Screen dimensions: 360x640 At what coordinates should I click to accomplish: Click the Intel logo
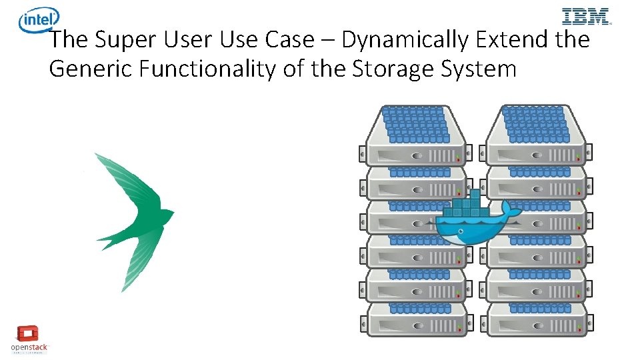pos(39,20)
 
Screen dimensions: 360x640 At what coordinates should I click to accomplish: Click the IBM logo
pos(586,17)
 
